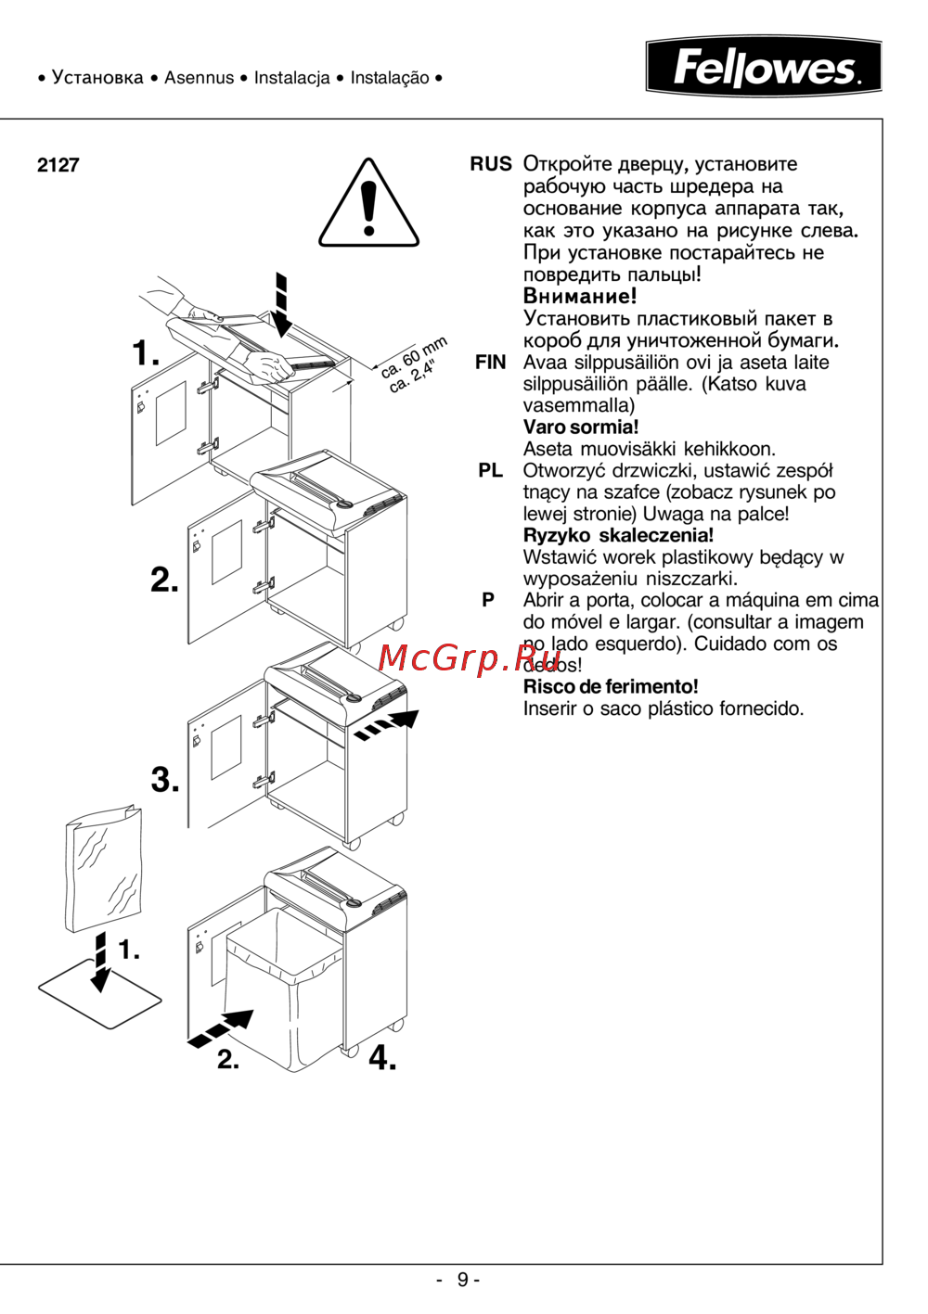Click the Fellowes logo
tap(764, 67)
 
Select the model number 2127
tap(58, 165)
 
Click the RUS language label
tap(490, 164)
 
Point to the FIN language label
tap(490, 363)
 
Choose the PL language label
tap(490, 471)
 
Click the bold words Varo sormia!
tap(581, 427)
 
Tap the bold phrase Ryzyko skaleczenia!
tap(618, 536)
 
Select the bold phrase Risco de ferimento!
tap(611, 687)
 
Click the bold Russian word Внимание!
tap(580, 297)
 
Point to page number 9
tap(462, 1280)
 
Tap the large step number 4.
tap(381, 1057)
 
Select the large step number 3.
tap(165, 780)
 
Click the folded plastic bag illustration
tap(102, 872)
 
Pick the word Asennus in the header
tap(199, 78)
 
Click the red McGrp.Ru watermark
tap(457, 657)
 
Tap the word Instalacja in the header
tap(291, 78)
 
